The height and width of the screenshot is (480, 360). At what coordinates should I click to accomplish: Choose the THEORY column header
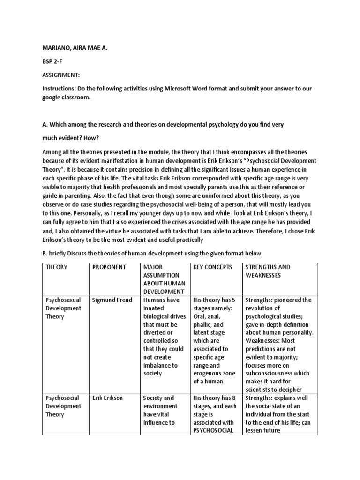(56, 267)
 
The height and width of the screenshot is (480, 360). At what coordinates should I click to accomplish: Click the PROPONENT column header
(109, 267)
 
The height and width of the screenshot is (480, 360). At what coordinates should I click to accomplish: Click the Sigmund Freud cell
(112, 300)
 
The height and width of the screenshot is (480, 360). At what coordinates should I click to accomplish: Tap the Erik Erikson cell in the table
(107, 398)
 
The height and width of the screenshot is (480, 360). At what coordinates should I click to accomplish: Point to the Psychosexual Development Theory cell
(63, 308)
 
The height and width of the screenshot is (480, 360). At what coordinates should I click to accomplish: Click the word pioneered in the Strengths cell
(285, 300)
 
